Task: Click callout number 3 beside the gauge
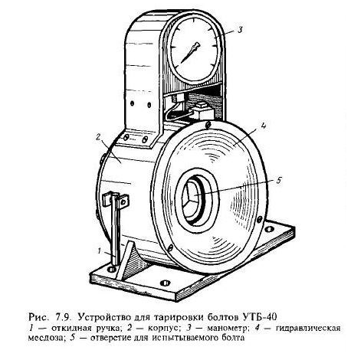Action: coord(239,29)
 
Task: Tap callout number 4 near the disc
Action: coord(264,126)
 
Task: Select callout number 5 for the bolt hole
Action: coord(278,181)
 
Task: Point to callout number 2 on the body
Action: coord(98,138)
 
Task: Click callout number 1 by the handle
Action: coord(100,251)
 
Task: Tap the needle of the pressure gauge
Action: coord(190,53)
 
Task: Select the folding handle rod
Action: coord(116,231)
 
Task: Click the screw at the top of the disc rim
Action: coord(208,125)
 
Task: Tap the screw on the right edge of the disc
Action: coord(260,219)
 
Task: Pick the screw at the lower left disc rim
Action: coord(170,248)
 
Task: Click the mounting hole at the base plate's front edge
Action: coord(165,283)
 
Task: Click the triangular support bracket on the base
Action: coord(127,260)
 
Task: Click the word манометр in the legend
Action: coord(227,328)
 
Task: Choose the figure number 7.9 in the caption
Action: coord(62,317)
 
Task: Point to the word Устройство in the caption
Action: coord(106,317)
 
